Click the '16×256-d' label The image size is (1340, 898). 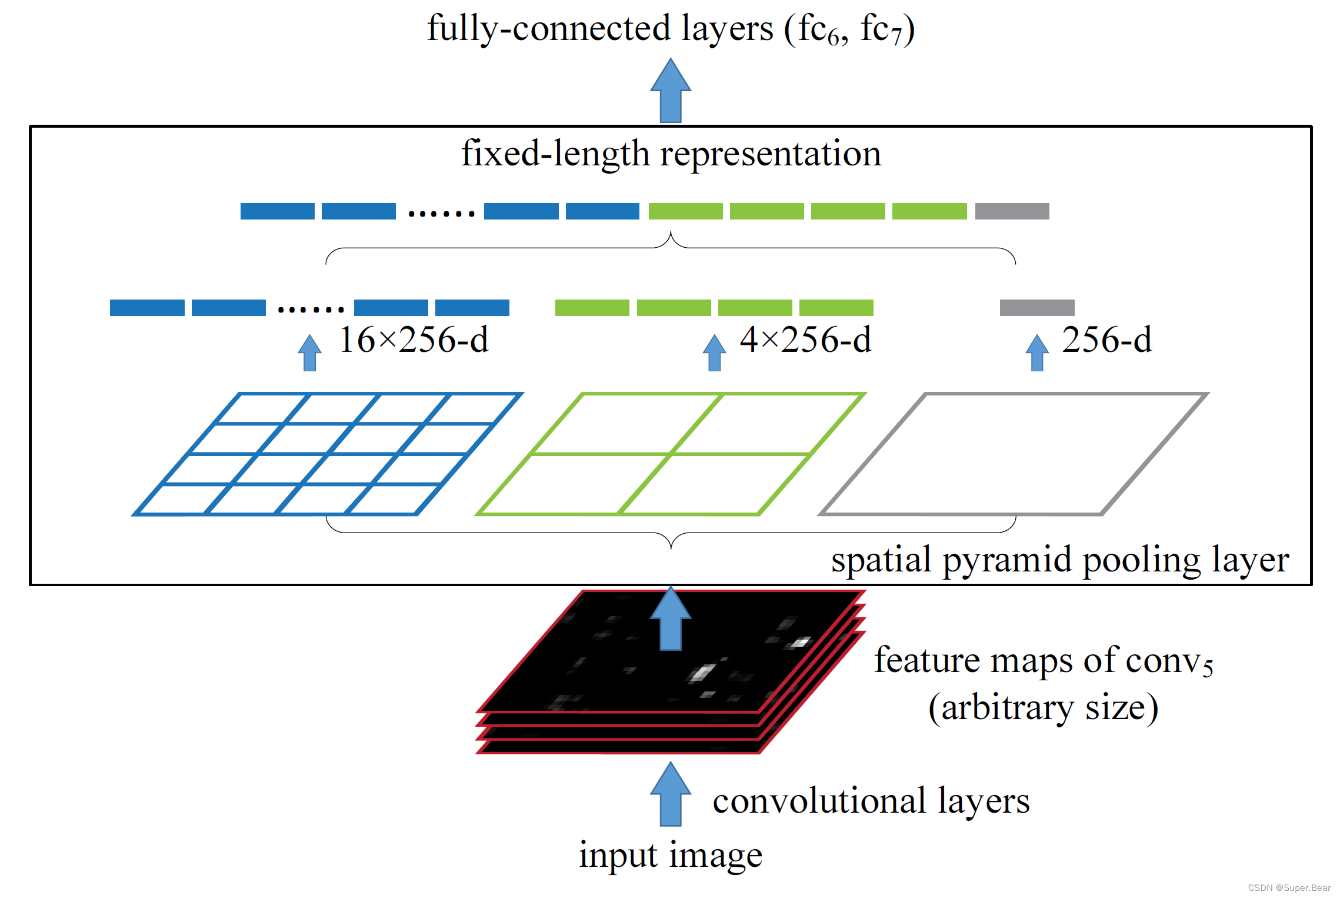(x=414, y=340)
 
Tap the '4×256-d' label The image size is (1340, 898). (x=805, y=340)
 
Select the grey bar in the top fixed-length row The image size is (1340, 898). (x=1012, y=211)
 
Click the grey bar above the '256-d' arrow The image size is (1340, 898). (x=1037, y=307)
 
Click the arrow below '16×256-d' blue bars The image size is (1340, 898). (x=309, y=352)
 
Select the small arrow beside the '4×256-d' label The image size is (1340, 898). (x=714, y=352)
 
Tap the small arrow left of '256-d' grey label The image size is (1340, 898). (x=1037, y=352)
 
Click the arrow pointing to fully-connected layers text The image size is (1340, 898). (x=671, y=90)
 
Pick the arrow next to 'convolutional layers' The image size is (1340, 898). (x=671, y=794)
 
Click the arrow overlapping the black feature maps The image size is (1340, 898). (x=671, y=618)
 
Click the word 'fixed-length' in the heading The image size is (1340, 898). (x=555, y=154)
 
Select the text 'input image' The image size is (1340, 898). (x=671, y=855)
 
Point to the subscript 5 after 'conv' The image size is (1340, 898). (x=1208, y=669)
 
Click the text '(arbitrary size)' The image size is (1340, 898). (x=1043, y=707)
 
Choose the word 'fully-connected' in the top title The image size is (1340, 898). (x=549, y=28)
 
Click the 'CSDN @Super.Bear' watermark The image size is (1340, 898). (x=1289, y=888)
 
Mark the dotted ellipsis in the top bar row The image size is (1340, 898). (x=441, y=214)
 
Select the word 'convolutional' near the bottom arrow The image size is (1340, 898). (x=820, y=801)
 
